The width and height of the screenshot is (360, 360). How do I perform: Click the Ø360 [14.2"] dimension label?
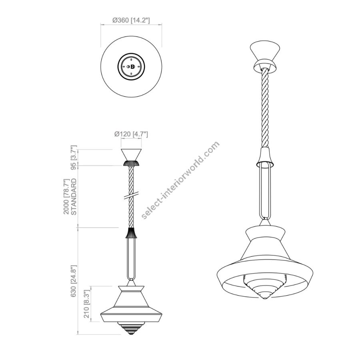(x=131, y=20)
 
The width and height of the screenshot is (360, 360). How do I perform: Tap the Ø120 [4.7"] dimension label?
(x=131, y=134)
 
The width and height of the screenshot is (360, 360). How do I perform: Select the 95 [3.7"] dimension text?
(x=73, y=157)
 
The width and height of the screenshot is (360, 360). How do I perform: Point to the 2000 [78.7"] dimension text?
(x=66, y=197)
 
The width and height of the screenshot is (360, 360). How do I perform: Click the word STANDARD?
(x=74, y=197)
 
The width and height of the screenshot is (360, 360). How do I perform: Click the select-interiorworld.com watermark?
(x=180, y=180)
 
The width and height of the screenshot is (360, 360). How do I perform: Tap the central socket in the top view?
(x=131, y=66)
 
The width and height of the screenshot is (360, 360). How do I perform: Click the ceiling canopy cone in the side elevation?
(x=131, y=155)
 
